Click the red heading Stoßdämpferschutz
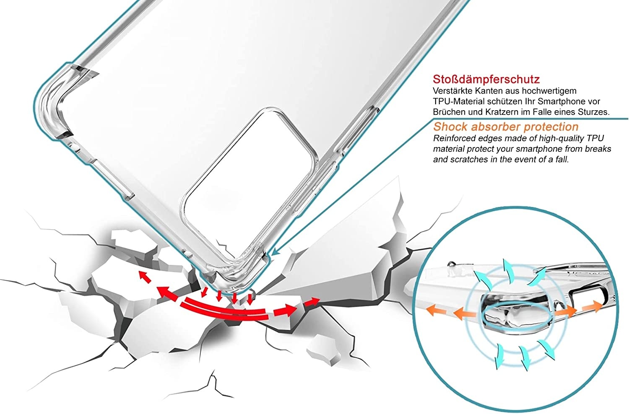click(486, 79)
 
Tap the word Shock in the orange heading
click(450, 127)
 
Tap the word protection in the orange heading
click(551, 127)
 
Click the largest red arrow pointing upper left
click(168, 294)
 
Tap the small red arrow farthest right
click(312, 302)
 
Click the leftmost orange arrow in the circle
click(436, 311)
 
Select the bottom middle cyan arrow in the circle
click(524, 358)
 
